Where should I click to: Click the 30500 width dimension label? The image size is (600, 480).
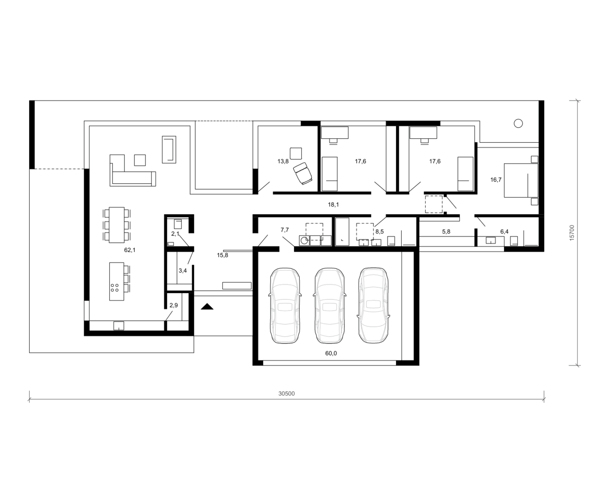tap(286, 394)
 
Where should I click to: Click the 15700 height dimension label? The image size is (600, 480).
tap(572, 233)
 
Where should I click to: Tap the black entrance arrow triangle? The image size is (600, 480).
tap(207, 306)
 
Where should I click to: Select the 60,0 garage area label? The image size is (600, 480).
tap(331, 353)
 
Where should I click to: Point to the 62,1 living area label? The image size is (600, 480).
tap(130, 250)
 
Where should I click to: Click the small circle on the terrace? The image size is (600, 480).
tap(518, 123)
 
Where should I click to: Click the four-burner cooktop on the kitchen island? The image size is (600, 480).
tap(114, 288)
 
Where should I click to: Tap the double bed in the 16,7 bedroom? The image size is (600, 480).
tap(521, 180)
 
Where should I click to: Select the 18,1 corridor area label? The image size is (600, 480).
tap(333, 205)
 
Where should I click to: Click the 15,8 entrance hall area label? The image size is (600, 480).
tap(222, 255)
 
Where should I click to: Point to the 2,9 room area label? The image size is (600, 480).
tap(174, 306)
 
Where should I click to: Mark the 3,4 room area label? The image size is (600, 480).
tap(183, 270)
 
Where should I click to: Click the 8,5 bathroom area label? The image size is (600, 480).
tap(380, 232)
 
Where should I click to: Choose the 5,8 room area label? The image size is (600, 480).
tap(446, 232)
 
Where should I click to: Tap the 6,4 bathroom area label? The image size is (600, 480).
tap(504, 232)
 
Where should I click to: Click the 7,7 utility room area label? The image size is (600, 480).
tap(285, 230)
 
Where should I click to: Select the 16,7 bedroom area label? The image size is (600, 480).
tap(496, 180)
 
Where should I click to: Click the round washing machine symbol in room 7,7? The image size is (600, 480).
tap(304, 241)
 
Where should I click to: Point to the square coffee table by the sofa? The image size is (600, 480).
tap(140, 160)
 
